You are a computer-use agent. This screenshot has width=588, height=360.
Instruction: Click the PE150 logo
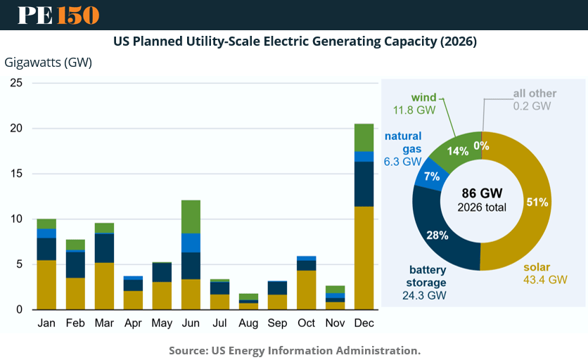pos(58,15)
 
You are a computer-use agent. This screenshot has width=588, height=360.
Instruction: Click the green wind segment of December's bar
pos(364,137)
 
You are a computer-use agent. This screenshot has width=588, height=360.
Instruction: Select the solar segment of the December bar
pos(364,257)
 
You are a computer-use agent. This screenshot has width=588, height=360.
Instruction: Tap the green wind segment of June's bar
pos(191,217)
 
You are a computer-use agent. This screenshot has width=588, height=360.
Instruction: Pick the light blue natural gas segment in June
pos(191,243)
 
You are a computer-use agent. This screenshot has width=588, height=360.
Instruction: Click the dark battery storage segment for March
pos(104,248)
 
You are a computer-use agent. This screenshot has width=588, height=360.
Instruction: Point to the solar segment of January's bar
pos(46,285)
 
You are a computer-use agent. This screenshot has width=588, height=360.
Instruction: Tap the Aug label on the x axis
pos(248,323)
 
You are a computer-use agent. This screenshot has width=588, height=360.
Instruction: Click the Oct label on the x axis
pos(306,323)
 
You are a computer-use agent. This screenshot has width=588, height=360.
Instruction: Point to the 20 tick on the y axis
pos(16,129)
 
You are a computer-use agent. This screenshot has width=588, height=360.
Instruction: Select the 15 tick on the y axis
pos(16,174)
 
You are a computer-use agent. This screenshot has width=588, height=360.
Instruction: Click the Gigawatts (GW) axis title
pos(49,62)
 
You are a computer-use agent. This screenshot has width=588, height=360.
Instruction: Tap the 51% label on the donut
pos(537,202)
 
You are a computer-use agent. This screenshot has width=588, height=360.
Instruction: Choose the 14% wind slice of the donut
pos(456,151)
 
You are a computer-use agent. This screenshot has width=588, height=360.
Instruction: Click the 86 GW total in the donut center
pos(482,193)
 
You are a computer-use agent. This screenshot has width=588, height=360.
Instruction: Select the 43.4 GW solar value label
pos(545,279)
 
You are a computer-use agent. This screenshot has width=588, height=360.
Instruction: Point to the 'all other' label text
pos(535,94)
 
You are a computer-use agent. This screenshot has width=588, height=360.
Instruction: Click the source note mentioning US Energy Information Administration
pos(294,349)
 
